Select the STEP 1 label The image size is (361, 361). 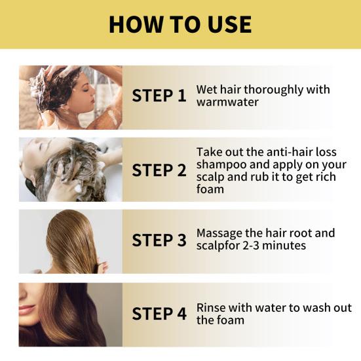159,96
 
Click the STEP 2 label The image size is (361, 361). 159,170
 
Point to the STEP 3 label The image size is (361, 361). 159,240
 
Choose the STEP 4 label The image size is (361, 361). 159,314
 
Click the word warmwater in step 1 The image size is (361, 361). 227,102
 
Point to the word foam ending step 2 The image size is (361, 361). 210,189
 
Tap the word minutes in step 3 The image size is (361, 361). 284,246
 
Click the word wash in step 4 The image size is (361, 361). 314,308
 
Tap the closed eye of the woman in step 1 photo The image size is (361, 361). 86,90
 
